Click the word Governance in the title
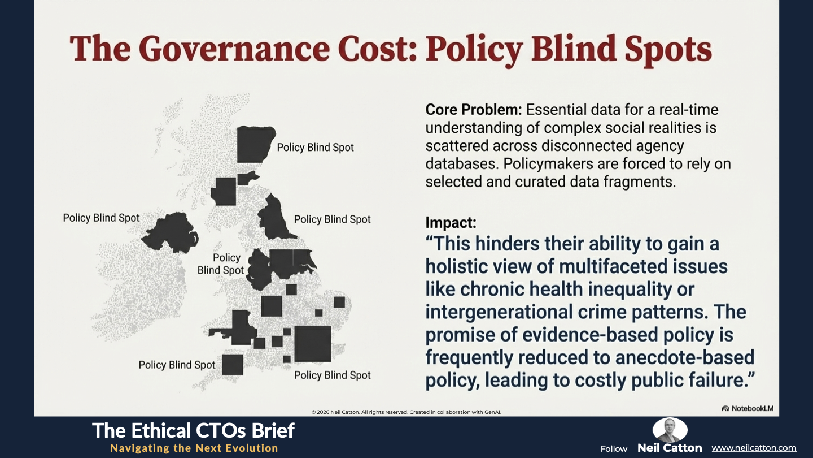click(x=234, y=49)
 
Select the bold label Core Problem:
click(x=473, y=110)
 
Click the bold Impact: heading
click(x=451, y=222)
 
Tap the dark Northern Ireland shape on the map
click(x=170, y=232)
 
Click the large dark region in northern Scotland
click(x=255, y=144)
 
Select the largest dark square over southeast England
click(x=313, y=344)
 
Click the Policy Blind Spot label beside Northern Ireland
click(x=101, y=218)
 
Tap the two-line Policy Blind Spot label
click(x=221, y=264)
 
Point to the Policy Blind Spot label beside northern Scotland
click(x=316, y=148)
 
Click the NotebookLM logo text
click(x=752, y=409)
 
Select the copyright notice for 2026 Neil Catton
click(x=406, y=412)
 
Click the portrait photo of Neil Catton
click(x=670, y=430)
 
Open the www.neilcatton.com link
click(x=754, y=448)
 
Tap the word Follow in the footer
click(x=614, y=449)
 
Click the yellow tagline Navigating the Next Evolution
click(x=194, y=448)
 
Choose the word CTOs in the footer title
click(x=226, y=431)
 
